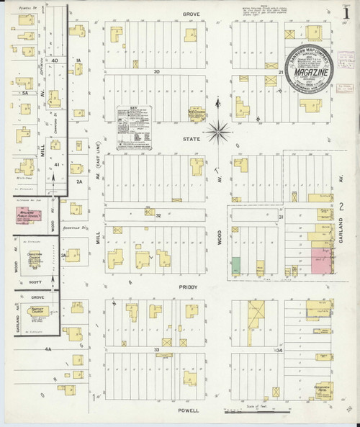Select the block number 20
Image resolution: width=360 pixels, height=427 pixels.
[156, 71]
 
